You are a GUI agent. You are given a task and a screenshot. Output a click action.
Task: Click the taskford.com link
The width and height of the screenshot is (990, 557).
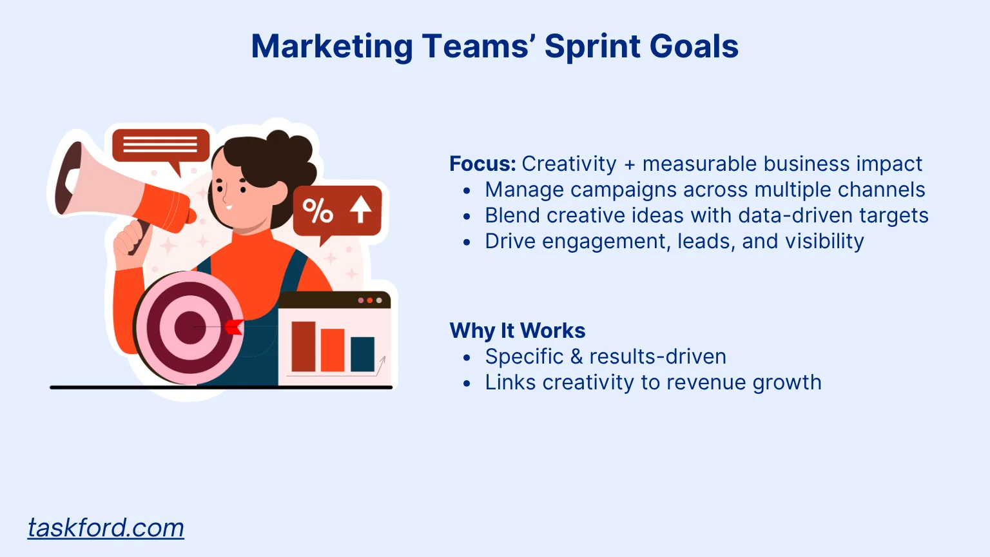(106, 528)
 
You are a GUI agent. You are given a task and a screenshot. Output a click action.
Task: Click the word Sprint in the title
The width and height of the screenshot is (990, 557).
(592, 47)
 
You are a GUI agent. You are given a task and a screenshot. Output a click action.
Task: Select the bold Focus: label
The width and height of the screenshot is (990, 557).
(483, 164)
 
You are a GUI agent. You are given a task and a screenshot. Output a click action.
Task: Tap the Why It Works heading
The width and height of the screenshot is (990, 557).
(518, 330)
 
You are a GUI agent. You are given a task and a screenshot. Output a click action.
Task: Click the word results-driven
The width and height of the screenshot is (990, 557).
(658, 357)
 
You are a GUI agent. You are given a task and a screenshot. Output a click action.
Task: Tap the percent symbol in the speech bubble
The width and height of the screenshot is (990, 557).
(317, 211)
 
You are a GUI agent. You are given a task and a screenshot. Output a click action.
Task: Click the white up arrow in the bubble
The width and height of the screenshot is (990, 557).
(361, 209)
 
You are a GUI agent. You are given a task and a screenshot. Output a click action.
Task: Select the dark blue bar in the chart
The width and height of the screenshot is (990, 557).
(362, 354)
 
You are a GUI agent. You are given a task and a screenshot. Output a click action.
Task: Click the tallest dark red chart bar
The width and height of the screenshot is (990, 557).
(303, 346)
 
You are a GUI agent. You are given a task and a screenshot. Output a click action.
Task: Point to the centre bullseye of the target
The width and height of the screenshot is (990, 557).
(190, 327)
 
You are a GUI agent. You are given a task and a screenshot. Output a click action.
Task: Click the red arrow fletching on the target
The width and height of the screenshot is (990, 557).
(234, 327)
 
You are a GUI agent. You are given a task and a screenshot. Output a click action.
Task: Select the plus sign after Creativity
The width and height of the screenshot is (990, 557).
(629, 165)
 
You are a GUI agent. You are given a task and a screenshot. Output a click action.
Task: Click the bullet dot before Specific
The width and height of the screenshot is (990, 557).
(467, 357)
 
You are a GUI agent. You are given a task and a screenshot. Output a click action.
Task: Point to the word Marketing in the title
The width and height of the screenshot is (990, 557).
(332, 47)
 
